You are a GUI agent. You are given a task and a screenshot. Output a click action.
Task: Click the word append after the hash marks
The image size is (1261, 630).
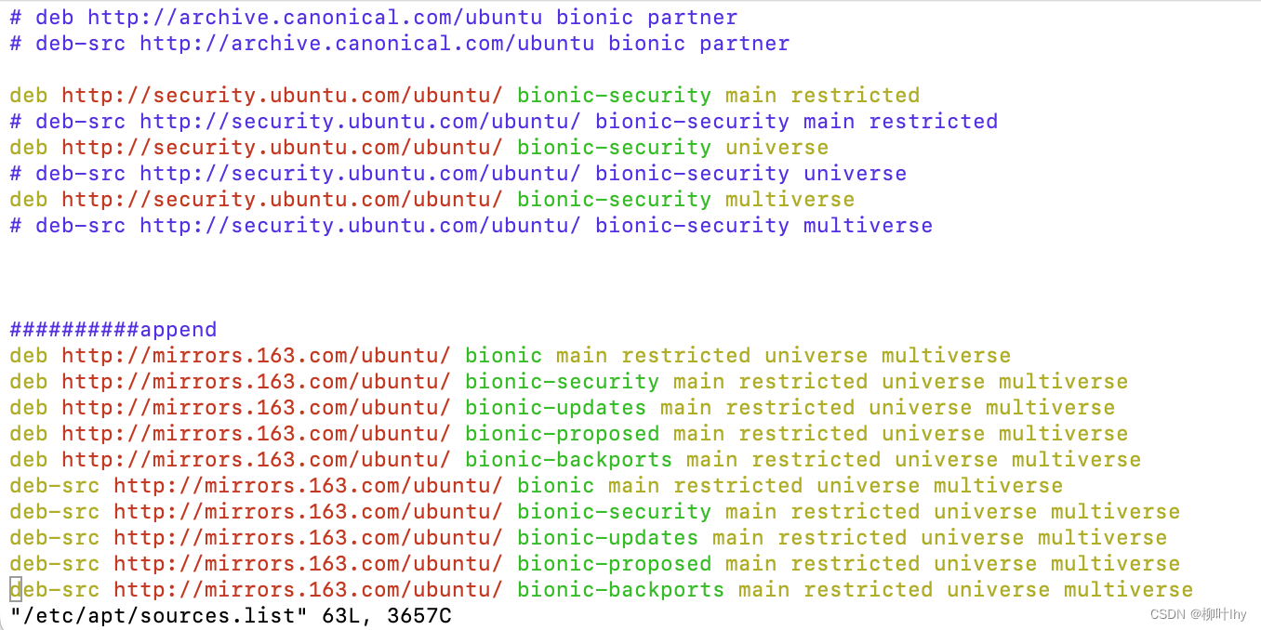tap(179, 330)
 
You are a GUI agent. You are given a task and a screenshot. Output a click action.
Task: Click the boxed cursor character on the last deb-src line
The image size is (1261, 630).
tap(16, 589)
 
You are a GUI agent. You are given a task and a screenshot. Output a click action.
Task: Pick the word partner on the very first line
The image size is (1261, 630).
tap(693, 18)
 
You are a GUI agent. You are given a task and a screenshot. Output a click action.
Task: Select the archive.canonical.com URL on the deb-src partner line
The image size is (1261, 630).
tap(366, 44)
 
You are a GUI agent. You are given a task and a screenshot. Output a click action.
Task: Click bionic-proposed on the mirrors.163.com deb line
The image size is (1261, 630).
tap(562, 434)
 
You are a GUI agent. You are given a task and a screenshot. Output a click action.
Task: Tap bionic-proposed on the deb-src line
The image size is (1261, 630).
tap(614, 564)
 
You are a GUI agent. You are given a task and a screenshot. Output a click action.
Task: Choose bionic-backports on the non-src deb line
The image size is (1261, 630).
tap(568, 460)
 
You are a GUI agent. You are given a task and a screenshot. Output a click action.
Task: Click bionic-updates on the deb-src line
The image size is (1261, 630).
tap(607, 538)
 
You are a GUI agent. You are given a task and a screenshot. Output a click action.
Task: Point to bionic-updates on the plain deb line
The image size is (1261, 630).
tap(555, 408)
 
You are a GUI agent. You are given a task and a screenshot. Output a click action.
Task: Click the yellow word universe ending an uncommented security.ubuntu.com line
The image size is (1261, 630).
tap(777, 148)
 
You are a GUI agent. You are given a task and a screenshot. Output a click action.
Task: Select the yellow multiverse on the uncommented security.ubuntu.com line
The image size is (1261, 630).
tap(790, 200)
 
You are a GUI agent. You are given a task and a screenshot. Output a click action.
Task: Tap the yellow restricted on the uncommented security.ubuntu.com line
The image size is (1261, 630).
tap(855, 96)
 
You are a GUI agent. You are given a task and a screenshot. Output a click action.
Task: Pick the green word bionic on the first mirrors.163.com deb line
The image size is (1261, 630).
tap(503, 356)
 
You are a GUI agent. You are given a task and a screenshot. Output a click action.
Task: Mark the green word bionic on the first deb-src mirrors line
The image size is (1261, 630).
tap(555, 486)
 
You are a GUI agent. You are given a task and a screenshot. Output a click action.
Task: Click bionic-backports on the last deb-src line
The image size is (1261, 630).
tap(620, 590)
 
